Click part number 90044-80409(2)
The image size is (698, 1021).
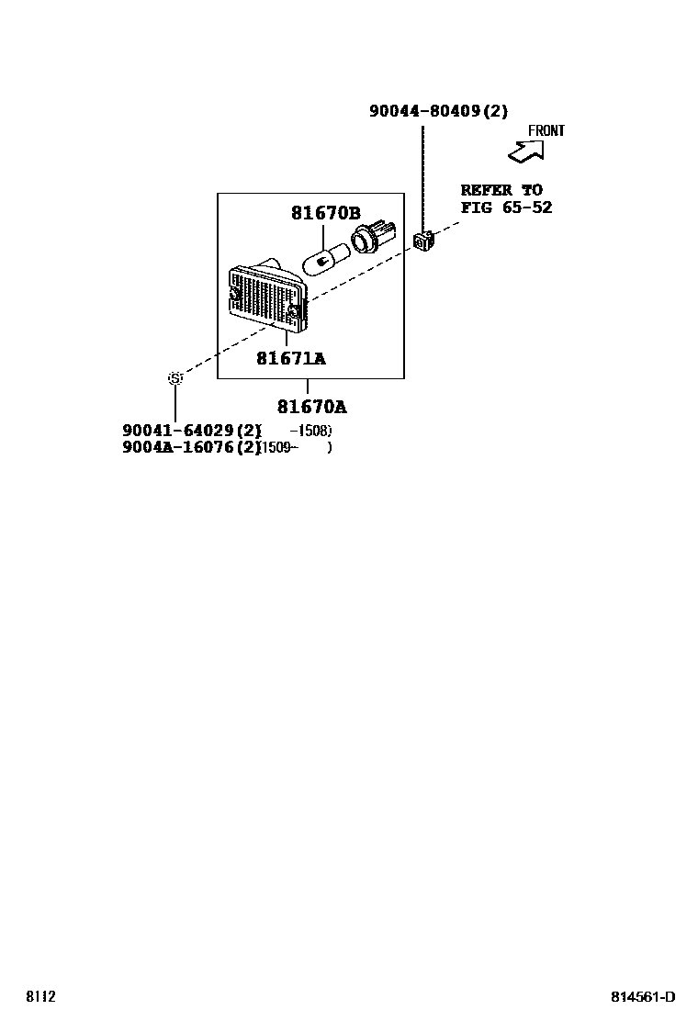click(438, 111)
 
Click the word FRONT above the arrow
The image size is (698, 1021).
click(546, 130)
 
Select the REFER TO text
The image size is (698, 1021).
click(501, 190)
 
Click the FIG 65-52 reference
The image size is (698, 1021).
click(506, 208)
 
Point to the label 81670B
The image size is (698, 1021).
click(326, 213)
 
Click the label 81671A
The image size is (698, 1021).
click(290, 358)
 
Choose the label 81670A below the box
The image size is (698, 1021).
click(312, 407)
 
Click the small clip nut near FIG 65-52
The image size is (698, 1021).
click(423, 241)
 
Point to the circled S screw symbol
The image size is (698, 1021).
click(174, 378)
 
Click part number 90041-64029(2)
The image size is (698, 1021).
click(192, 431)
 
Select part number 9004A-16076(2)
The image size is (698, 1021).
click(192, 448)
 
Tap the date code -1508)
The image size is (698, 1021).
click(310, 431)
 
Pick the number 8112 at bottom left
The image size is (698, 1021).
click(41, 996)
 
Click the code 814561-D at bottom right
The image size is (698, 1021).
click(644, 997)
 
